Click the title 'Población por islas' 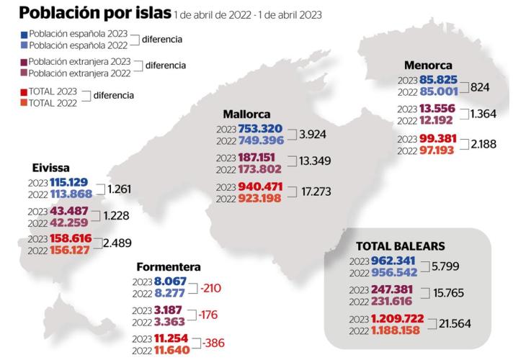click(x=95, y=14)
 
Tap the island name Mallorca click(x=246, y=114)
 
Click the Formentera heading click(x=169, y=266)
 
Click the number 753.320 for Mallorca click(x=262, y=127)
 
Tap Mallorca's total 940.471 click(x=262, y=187)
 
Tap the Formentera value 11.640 click(x=174, y=350)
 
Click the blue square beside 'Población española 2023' click(x=24, y=34)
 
